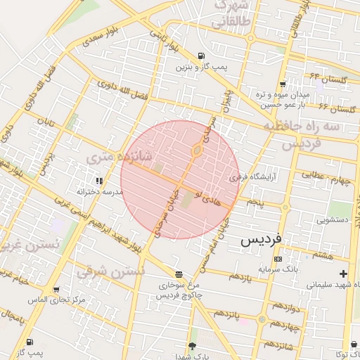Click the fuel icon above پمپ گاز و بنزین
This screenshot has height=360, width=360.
coord(202,56)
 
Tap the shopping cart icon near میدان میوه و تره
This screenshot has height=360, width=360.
coord(282,84)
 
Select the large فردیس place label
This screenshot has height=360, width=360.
coord(261,239)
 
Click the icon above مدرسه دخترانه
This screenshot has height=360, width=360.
coord(98,181)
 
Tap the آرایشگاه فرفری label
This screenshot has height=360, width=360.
coord(253,178)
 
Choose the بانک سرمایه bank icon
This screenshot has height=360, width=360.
coord(278,259)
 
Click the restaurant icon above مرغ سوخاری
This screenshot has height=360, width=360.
coord(179,274)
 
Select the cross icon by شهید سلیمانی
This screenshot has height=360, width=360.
coord(343,273)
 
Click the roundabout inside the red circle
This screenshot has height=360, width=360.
coord(198,150)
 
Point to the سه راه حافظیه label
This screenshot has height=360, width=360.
coord(311,127)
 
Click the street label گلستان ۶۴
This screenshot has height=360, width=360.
coord(328,79)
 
